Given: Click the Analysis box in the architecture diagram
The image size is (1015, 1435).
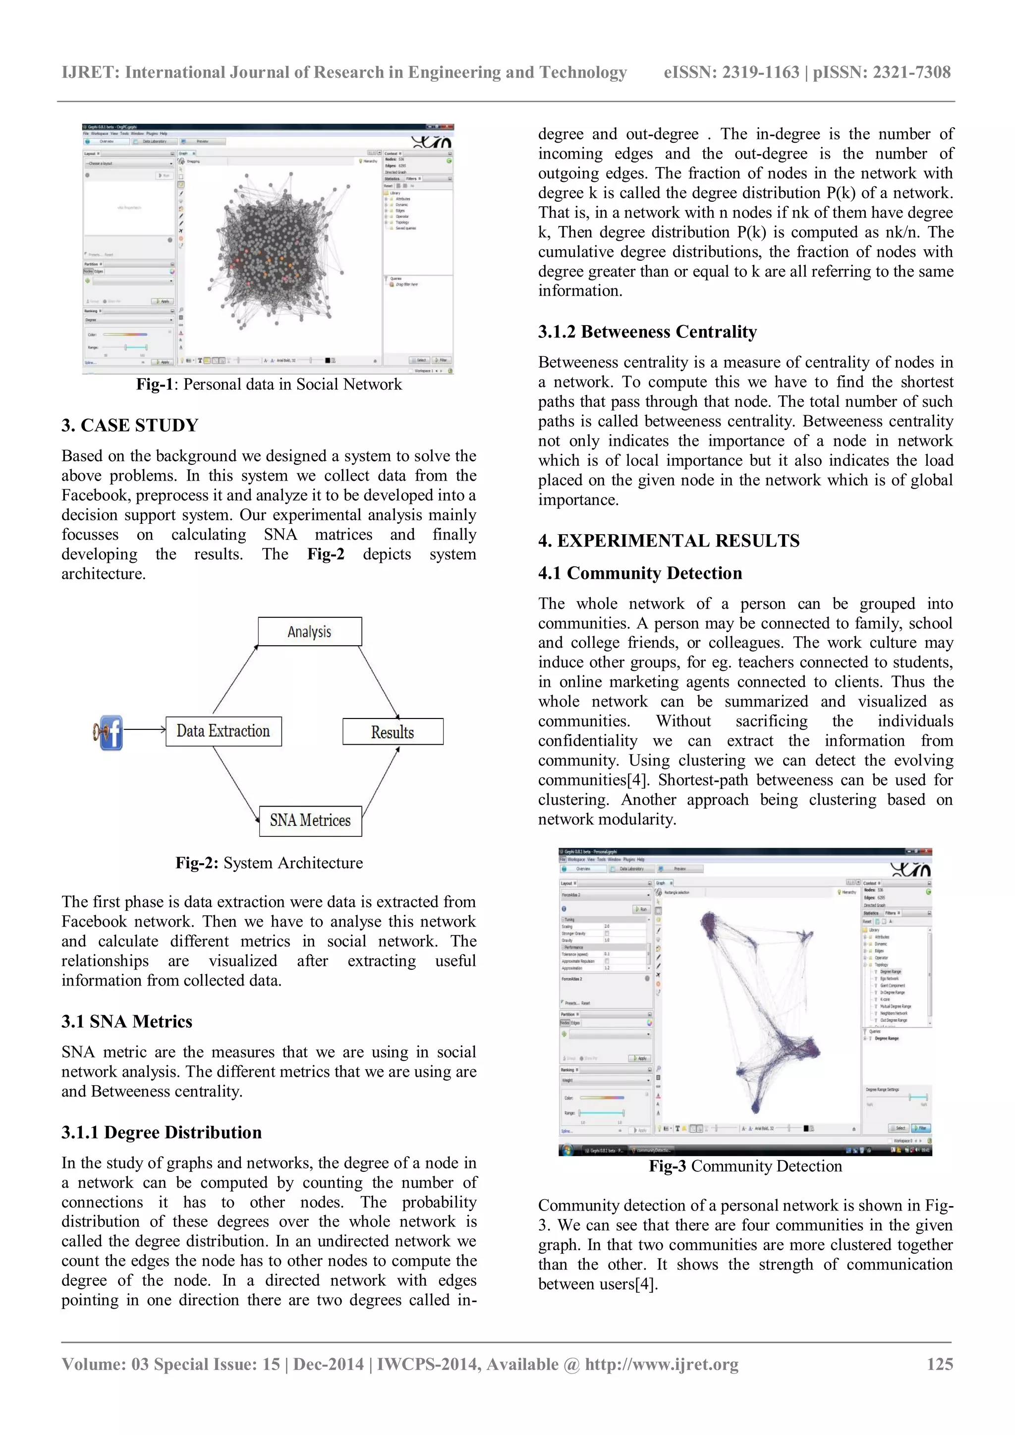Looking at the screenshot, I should [309, 631].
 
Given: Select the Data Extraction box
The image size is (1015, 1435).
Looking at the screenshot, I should [223, 730].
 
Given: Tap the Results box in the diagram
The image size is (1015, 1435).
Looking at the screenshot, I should [393, 732].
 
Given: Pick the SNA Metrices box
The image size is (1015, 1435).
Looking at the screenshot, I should [310, 821].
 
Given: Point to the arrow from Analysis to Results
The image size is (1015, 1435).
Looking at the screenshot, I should [378, 682].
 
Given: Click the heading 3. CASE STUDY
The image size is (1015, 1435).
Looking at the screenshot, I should [129, 426].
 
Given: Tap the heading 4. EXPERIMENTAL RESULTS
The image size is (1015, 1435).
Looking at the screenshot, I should [668, 541].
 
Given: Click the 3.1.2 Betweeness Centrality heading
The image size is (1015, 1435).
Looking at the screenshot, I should [647, 332].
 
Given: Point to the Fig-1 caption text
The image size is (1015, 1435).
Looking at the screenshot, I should [269, 385].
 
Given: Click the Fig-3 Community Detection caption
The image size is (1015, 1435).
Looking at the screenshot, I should [745, 1166].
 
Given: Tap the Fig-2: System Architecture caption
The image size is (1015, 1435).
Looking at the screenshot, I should [269, 863].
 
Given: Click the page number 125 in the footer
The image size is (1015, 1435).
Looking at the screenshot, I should [939, 1364].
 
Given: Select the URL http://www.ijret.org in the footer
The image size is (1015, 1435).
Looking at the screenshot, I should [661, 1364].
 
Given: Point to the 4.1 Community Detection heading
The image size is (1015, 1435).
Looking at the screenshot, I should [639, 573].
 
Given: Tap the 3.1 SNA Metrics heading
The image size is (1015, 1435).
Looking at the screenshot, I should [126, 1022].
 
